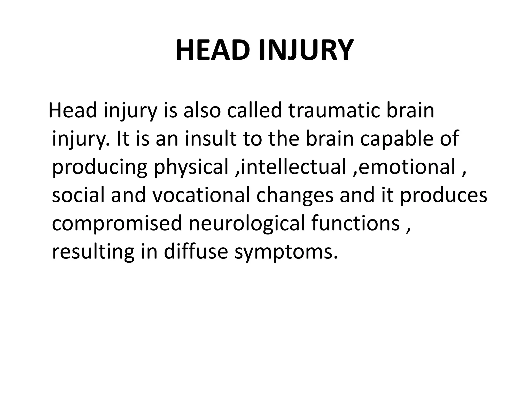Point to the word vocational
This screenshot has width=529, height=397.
[x=201, y=195]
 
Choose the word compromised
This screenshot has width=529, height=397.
[x=117, y=223]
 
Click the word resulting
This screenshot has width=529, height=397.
[x=93, y=251]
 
